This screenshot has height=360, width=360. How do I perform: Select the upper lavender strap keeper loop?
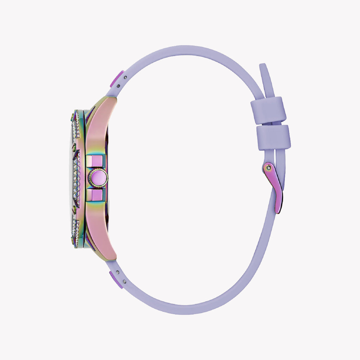click(269, 110)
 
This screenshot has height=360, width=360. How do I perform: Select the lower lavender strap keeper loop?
click(274, 137)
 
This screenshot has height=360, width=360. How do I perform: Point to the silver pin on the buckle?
click(269, 168)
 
